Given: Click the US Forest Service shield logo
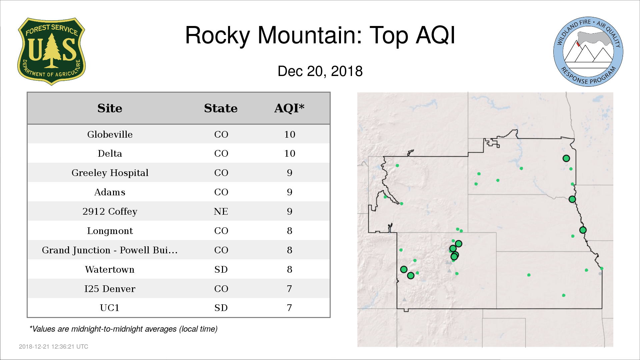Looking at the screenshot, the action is (x=51, y=51).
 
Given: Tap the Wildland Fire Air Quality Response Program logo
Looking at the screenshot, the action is (x=588, y=52).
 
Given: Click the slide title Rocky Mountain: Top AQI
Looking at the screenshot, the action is (x=320, y=35).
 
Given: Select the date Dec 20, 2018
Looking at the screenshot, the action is (x=320, y=71).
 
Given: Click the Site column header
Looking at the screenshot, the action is (x=110, y=108).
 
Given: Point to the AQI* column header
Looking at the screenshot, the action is (x=289, y=108).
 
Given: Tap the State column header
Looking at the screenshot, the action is (x=221, y=108).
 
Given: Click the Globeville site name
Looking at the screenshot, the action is (x=110, y=134).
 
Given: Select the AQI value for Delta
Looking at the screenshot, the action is (x=290, y=153).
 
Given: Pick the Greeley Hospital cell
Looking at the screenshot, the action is (x=110, y=173).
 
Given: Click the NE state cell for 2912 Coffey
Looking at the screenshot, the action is (x=221, y=211).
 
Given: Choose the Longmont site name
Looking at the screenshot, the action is (x=110, y=231).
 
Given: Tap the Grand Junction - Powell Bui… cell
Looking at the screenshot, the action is (x=110, y=250).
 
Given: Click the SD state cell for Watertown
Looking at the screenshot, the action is (x=221, y=269).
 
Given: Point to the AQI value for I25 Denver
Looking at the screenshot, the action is (x=289, y=289).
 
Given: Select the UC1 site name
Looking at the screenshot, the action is (x=110, y=308).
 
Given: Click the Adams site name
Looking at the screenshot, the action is (x=110, y=192).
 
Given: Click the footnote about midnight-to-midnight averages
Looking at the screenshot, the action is (x=123, y=329).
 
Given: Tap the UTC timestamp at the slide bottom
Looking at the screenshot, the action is (x=54, y=347).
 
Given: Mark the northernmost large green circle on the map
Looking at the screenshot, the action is (x=566, y=158).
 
